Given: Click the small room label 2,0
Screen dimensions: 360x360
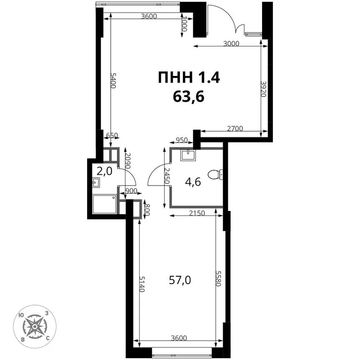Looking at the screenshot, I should tap(105, 171).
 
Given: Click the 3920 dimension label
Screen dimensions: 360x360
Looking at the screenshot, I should tap(264, 89).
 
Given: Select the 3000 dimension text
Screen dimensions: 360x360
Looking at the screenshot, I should tap(231, 45).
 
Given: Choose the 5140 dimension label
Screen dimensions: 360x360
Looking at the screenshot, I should tap(142, 284).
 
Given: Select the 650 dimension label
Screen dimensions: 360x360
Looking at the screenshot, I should tap(112, 136).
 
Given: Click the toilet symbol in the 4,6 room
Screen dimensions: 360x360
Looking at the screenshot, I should tap(216, 174).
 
